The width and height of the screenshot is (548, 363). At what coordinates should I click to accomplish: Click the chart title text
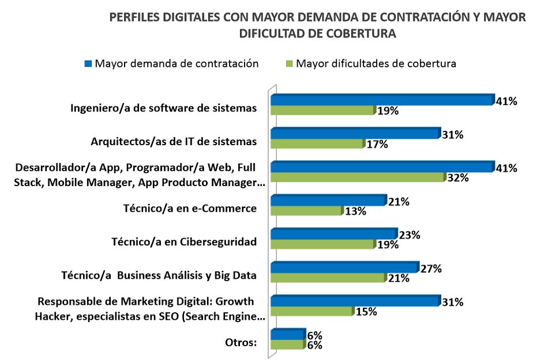coord(317,25)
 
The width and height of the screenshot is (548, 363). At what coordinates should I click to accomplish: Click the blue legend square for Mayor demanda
coord(88,63)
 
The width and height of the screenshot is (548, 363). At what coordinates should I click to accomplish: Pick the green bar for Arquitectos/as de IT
coord(317,144)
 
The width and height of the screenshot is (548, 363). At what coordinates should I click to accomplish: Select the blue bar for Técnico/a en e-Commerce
coord(328,201)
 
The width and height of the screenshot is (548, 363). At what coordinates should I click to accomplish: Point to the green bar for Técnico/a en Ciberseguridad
coord(323,244)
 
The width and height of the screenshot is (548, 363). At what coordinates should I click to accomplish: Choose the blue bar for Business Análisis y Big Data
coord(344,267)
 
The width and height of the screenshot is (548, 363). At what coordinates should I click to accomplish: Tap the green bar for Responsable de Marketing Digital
coord(311,311)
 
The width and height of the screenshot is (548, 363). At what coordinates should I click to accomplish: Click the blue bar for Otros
coord(287,334)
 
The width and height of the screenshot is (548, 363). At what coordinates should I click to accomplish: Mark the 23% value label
coord(409,235)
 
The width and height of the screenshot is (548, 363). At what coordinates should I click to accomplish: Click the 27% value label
coord(430,269)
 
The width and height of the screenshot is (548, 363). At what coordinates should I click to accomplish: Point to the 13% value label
coord(355,211)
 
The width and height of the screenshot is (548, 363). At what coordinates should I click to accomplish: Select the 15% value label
coord(366,312)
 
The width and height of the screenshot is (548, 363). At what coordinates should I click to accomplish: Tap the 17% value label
coord(377,145)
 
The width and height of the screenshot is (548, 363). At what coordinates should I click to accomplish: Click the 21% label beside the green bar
coord(398,278)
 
